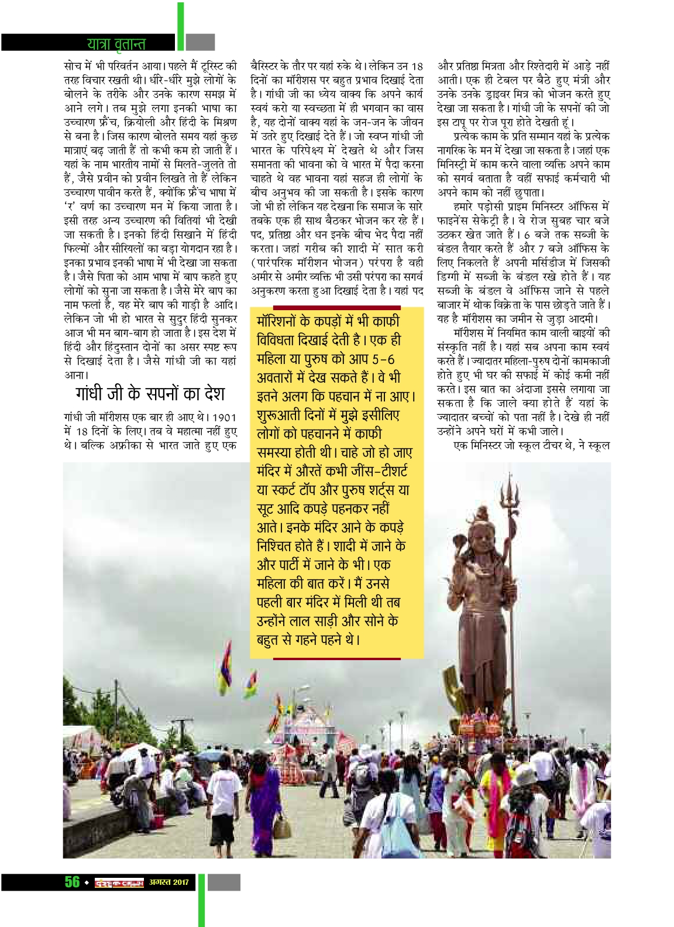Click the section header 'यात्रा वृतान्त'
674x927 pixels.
116,43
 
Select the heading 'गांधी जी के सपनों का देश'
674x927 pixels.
150,394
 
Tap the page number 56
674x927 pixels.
73,882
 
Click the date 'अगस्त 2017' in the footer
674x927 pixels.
168,882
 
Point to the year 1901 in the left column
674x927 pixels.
224,417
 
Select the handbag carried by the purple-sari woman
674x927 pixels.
282,826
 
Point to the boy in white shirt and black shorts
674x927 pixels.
223,802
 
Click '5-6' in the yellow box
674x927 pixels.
383,359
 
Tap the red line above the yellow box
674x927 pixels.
336,307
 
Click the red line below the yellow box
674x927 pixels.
336,659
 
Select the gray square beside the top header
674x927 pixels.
201,42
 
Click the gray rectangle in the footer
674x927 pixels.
224,882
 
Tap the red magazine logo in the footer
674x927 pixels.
119,883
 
